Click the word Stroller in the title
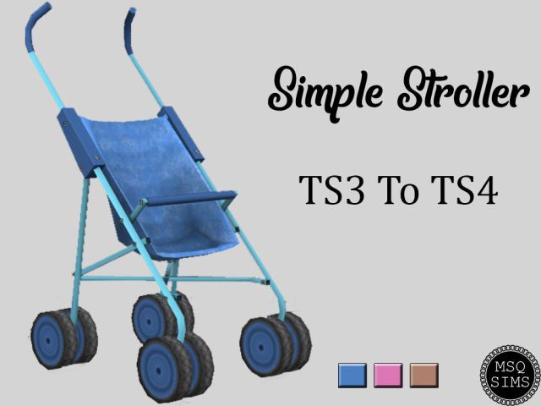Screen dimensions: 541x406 (x=463, y=89)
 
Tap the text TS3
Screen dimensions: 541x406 (x=331, y=190)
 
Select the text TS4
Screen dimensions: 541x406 (x=465, y=190)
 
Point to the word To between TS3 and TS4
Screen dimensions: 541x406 (x=398, y=190)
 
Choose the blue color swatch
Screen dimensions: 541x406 (x=352, y=376)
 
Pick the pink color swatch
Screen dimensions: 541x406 (x=388, y=376)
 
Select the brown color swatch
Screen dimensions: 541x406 (x=424, y=376)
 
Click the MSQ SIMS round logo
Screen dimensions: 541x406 (x=510, y=374)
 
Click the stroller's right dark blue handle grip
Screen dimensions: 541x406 (x=128, y=30)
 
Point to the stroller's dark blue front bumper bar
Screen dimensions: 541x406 (x=191, y=199)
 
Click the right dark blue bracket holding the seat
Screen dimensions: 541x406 (x=181, y=134)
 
